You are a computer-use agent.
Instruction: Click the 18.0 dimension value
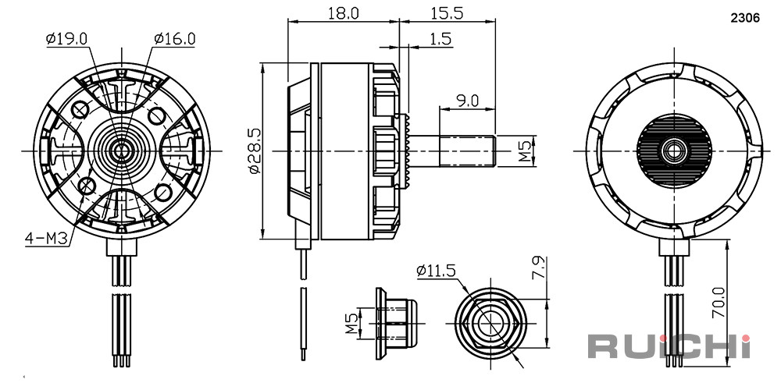344,12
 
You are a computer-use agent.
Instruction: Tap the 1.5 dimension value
440,39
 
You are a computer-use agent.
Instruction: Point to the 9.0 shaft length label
467,101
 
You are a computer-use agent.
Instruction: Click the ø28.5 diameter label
255,151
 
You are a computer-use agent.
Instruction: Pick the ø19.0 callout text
66,39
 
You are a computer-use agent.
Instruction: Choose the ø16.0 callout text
174,39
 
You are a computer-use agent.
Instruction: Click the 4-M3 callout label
46,239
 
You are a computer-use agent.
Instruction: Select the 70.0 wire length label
719,302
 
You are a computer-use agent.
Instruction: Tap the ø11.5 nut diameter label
437,271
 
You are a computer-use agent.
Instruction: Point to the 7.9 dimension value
540,268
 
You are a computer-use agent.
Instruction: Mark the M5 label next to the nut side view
352,324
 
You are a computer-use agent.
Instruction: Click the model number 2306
745,19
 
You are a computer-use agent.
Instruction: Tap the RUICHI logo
669,346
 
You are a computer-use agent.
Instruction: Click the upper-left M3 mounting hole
80,109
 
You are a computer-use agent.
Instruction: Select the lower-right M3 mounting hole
162,191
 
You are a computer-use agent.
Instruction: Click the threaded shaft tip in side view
467,151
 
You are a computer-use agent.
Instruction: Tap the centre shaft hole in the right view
674,151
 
